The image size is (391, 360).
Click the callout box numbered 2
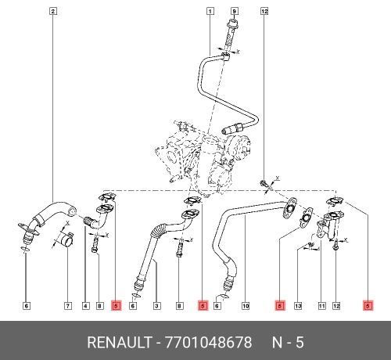click(52, 11)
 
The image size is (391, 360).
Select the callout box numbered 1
click(210, 11)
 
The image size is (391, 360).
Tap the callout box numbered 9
click(233, 11)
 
